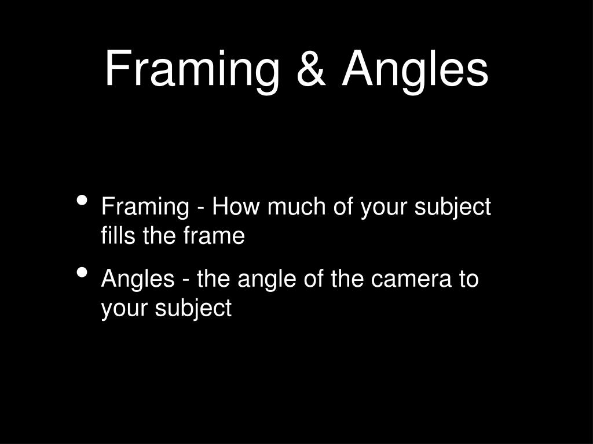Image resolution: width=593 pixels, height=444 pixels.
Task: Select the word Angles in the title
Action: click(415, 69)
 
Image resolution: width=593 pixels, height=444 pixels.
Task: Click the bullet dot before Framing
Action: click(82, 201)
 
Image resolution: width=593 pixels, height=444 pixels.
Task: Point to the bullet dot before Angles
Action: click(82, 273)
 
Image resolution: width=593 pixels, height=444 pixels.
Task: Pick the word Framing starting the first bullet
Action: click(145, 207)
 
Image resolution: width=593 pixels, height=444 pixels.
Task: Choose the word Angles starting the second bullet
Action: click(138, 279)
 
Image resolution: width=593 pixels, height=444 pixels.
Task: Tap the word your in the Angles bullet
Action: click(123, 308)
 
